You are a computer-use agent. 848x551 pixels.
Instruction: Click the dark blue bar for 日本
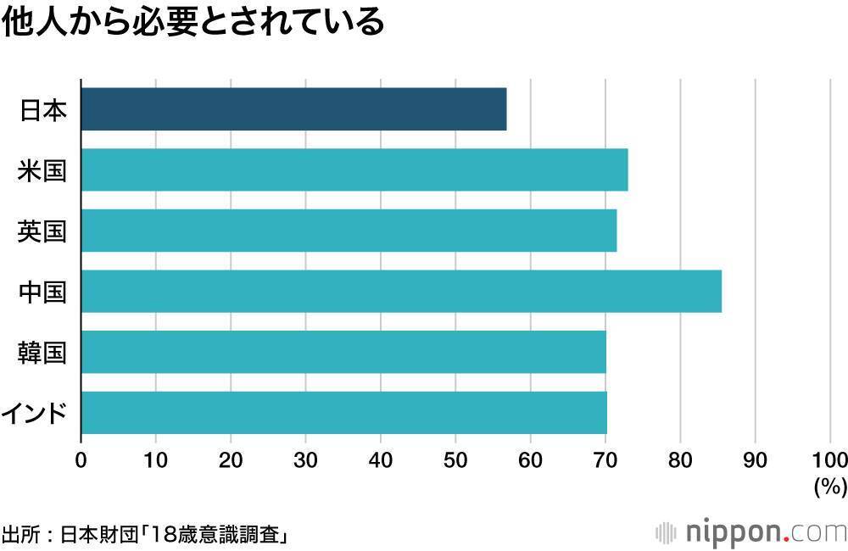(293, 109)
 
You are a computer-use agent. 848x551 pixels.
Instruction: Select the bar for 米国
(354, 170)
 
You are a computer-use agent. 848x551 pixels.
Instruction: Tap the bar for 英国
(349, 231)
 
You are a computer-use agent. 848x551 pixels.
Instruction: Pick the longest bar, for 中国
(401, 292)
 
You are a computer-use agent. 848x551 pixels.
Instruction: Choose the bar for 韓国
(343, 353)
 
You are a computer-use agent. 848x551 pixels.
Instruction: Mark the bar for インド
(343, 413)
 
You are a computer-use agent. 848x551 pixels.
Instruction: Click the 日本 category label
(42, 109)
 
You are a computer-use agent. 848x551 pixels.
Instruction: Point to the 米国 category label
(42, 170)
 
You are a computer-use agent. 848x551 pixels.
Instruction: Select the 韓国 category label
(42, 353)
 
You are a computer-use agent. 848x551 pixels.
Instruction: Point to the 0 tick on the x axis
(81, 460)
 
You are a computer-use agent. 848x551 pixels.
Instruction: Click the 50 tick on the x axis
(455, 460)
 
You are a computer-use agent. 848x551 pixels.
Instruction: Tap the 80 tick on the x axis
(680, 460)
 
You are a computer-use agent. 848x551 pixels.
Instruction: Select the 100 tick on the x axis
(829, 460)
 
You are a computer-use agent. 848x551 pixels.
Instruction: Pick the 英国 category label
(42, 231)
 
